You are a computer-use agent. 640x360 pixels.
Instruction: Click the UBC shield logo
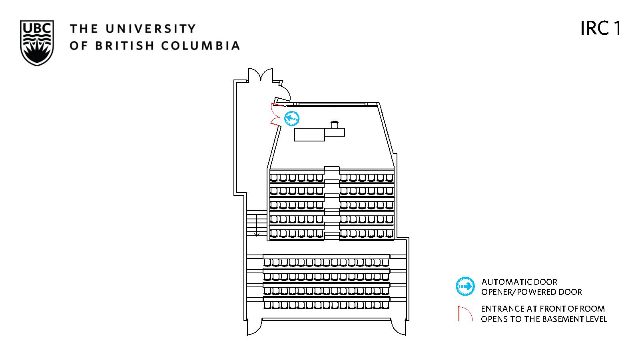click(x=37, y=43)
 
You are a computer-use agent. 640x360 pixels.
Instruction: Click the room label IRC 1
click(x=600, y=28)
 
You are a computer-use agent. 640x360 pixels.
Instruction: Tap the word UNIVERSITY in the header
click(x=151, y=28)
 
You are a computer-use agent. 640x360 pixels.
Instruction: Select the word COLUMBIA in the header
click(x=200, y=46)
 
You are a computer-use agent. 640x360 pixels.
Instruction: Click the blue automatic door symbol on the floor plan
click(x=292, y=118)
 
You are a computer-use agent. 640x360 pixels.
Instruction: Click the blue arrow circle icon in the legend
click(x=465, y=286)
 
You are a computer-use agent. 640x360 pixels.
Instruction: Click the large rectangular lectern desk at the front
click(x=309, y=135)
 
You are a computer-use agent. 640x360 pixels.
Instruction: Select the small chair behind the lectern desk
click(x=334, y=125)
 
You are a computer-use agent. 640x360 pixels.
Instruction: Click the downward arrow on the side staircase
click(x=257, y=225)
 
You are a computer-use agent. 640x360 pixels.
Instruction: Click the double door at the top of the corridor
click(x=260, y=75)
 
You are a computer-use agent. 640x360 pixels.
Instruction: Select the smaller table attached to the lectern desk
click(x=335, y=132)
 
